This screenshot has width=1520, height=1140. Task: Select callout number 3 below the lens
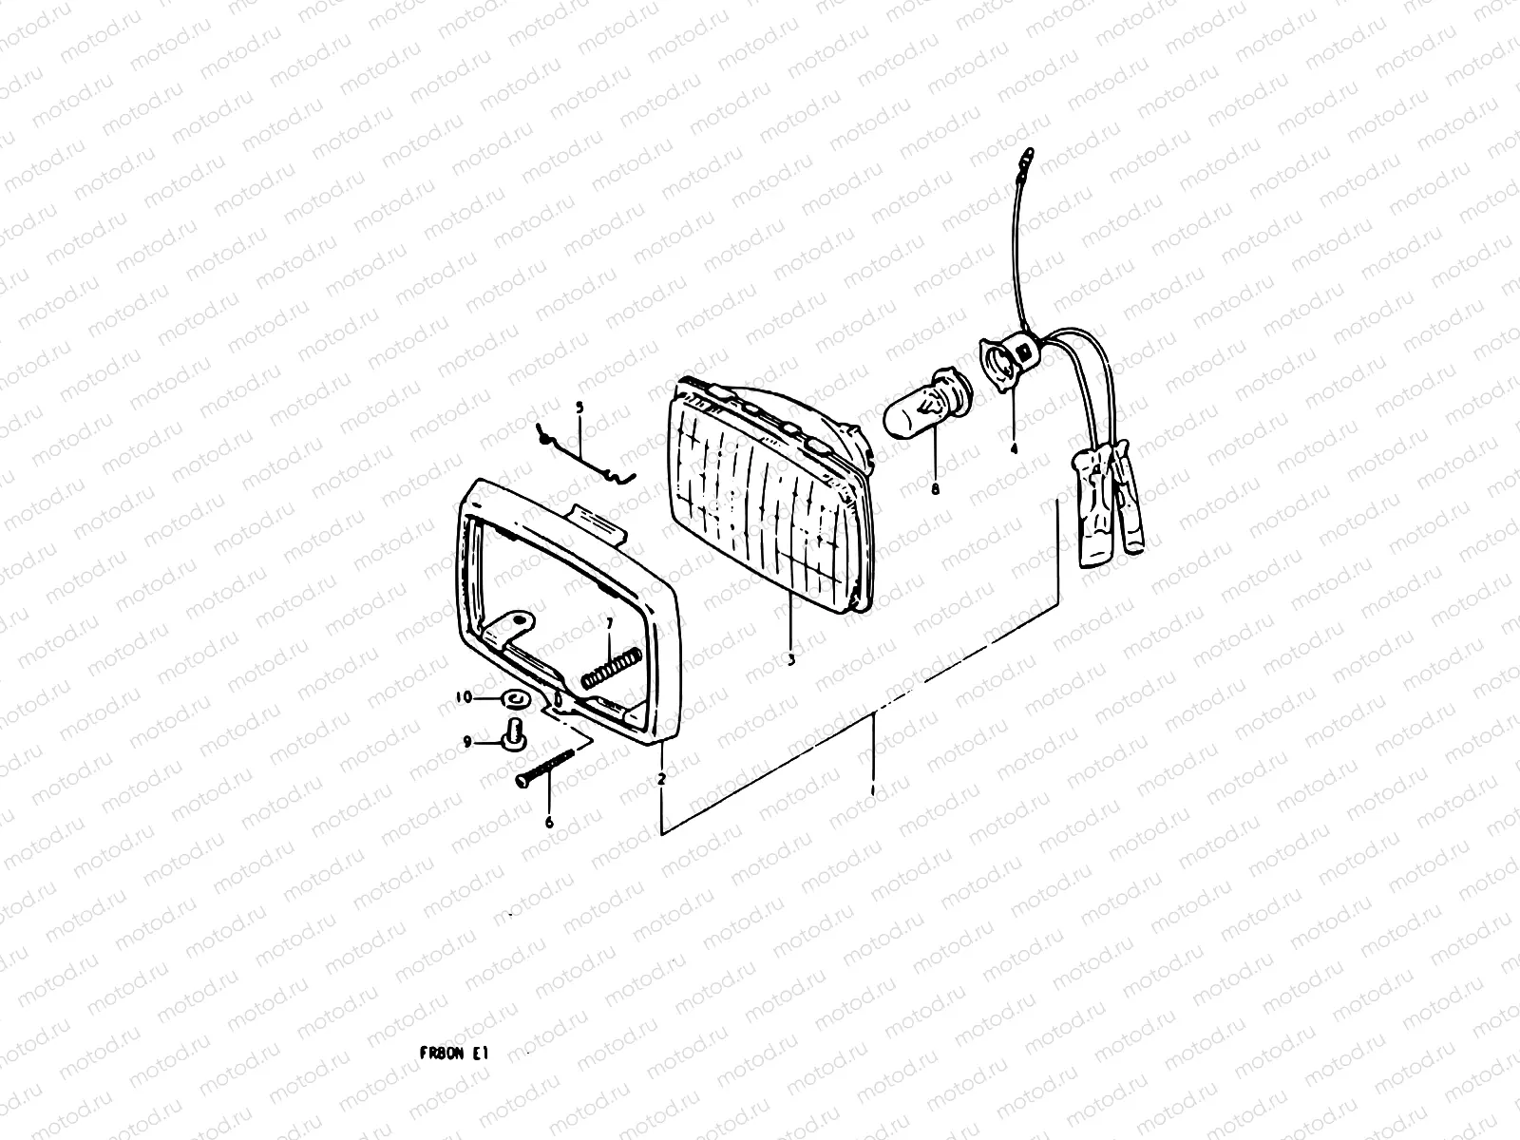(x=790, y=657)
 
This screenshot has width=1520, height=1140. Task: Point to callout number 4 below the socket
(x=1014, y=448)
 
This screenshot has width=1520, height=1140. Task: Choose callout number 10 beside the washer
(x=464, y=698)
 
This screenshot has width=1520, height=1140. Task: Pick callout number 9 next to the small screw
(x=467, y=743)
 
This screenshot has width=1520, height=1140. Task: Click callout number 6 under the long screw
(x=549, y=823)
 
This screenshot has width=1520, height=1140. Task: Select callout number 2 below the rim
(x=661, y=779)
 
